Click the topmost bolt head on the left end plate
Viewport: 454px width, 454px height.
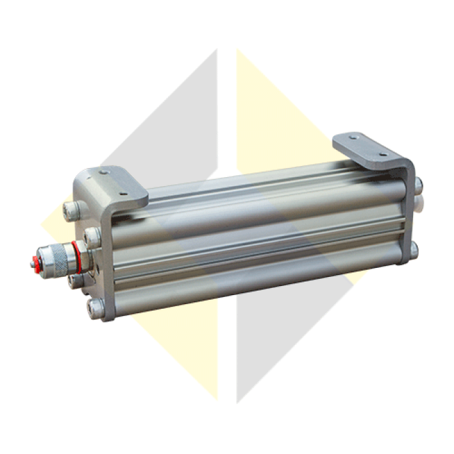[x=71, y=210]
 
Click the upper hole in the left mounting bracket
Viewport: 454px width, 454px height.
[x=104, y=173]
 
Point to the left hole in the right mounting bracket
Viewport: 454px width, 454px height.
[x=353, y=137]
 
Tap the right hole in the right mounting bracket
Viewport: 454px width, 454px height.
[x=383, y=154]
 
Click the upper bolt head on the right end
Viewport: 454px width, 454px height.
[x=418, y=186]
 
